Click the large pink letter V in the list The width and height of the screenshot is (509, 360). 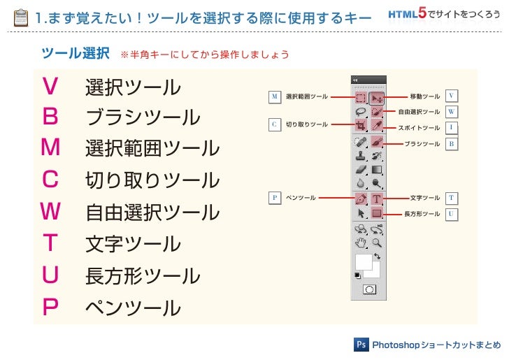50,86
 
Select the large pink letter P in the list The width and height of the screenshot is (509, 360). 50,307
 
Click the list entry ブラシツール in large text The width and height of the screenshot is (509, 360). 142,117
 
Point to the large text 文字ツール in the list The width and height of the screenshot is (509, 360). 132,244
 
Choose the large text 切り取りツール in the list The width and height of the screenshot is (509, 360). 152,180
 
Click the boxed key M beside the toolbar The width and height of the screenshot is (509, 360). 275,96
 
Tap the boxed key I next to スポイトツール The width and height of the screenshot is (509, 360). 452,128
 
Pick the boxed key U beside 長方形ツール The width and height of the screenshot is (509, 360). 452,213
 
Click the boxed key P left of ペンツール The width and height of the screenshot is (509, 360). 275,198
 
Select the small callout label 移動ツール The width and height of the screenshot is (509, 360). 424,96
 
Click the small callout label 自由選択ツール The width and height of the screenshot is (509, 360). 419,112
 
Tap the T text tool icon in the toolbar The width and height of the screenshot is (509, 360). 378,199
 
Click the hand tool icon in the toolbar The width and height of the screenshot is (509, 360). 361,243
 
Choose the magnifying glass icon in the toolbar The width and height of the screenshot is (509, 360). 378,243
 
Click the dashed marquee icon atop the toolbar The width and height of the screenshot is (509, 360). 361,98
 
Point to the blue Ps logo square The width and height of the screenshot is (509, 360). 361,345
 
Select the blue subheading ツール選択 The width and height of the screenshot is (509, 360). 75,53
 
